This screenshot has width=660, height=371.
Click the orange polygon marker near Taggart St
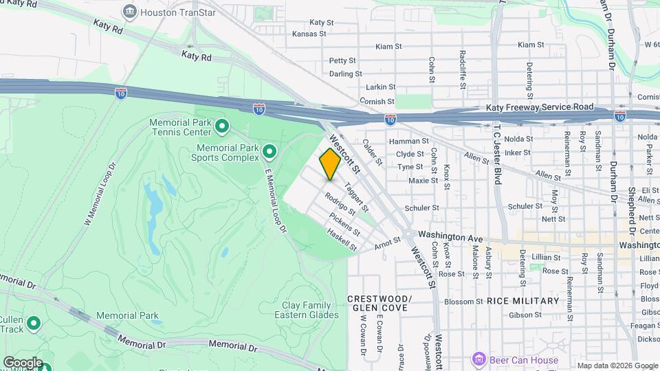pos(330,165)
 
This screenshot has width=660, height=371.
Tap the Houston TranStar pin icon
pos(129,11)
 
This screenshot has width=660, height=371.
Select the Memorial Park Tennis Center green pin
pos(222,126)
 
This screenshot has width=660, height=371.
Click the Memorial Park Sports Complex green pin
pos(269,151)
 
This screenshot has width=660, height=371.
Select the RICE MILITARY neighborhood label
pos(522,301)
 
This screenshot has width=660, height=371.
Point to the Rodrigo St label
pos(340,203)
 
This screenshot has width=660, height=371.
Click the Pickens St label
pos(344,223)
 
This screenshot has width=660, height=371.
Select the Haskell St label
pos(342,240)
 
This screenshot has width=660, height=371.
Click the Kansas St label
pos(309,33)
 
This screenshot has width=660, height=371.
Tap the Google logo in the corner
pos(23,363)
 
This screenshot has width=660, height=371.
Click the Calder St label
pos(371,152)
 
